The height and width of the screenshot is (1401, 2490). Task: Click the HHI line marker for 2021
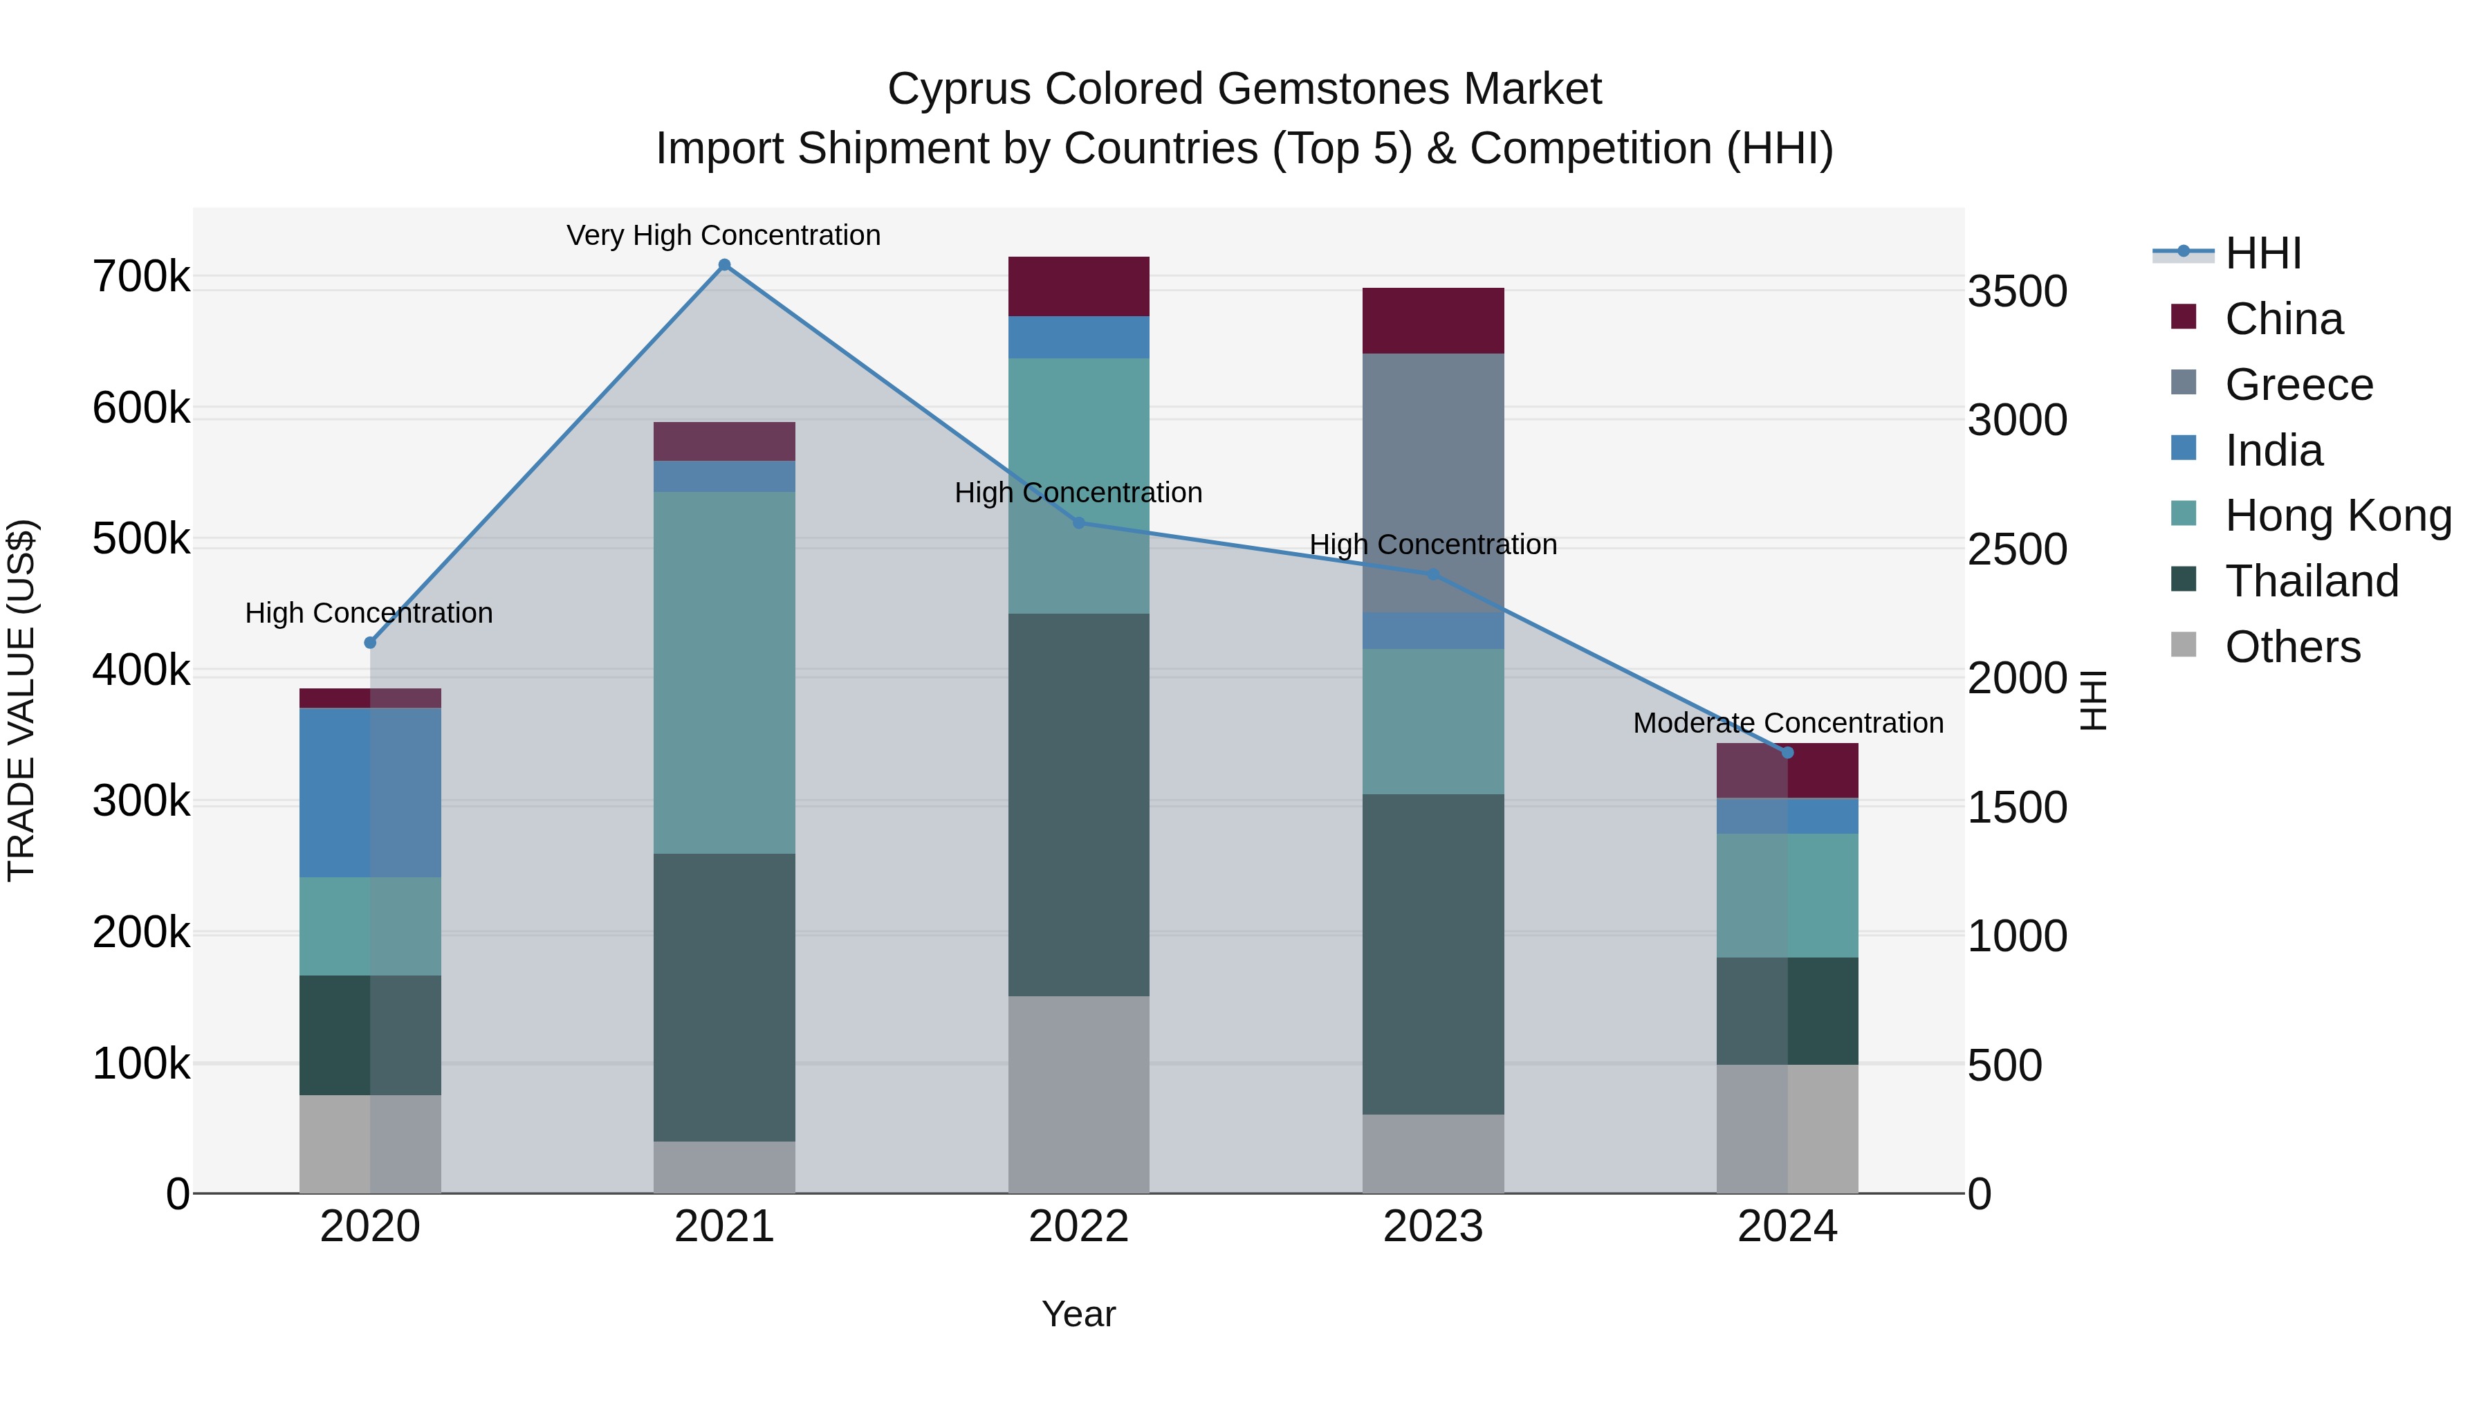coord(724,265)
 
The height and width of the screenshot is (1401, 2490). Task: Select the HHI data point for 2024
coord(1787,752)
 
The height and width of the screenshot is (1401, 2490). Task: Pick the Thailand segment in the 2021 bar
coord(724,996)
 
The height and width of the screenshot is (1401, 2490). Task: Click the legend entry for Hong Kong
coord(2337,515)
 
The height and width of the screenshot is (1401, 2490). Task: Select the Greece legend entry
coord(2298,385)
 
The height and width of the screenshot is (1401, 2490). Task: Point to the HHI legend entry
coord(2262,253)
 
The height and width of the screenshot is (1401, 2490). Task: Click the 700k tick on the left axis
coord(141,277)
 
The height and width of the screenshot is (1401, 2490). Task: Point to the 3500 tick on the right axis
coord(2018,291)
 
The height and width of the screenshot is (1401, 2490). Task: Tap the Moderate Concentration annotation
coord(1787,722)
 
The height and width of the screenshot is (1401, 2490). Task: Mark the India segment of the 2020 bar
coord(369,792)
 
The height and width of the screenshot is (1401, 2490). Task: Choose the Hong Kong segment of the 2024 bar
coord(1787,895)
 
